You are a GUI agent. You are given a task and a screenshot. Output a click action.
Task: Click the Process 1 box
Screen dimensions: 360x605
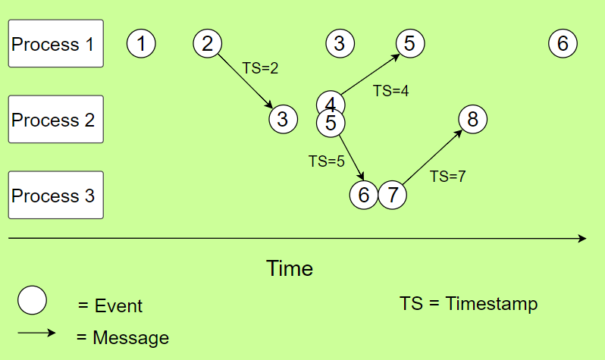(55, 44)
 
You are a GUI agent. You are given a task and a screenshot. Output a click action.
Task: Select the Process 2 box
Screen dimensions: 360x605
(55, 120)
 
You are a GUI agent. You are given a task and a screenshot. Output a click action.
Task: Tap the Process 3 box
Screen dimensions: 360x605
(55, 196)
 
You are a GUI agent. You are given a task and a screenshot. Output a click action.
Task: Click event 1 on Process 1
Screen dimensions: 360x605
(141, 43)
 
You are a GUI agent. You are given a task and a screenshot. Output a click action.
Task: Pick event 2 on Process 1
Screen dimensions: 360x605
(208, 43)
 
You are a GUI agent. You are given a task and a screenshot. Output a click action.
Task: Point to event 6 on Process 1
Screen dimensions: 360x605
(563, 43)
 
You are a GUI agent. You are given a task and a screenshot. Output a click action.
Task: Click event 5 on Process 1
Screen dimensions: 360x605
(409, 43)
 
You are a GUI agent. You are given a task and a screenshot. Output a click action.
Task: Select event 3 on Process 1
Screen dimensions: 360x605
(340, 43)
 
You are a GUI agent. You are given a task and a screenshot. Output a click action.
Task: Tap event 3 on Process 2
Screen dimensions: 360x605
(282, 119)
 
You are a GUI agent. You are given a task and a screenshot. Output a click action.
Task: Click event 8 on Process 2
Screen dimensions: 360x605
(472, 119)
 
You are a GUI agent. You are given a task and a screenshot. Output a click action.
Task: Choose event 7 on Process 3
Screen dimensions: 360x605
(392, 195)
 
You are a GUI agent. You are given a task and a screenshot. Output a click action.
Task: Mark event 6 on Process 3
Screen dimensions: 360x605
(364, 195)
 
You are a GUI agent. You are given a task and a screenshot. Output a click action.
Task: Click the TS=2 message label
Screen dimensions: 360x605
(260, 68)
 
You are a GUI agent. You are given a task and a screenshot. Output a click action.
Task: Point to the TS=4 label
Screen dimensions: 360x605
(391, 91)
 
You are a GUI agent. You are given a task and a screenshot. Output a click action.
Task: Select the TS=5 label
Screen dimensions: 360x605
(327, 161)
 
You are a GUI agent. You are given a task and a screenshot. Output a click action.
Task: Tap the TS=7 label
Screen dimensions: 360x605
(447, 177)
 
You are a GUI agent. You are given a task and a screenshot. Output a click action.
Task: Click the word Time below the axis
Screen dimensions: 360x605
(290, 268)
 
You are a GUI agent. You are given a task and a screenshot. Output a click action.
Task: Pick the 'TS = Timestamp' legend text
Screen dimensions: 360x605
(469, 304)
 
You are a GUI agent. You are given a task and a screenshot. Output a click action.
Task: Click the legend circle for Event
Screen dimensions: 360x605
(33, 301)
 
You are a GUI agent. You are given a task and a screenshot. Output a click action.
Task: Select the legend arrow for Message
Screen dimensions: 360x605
(36, 332)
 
